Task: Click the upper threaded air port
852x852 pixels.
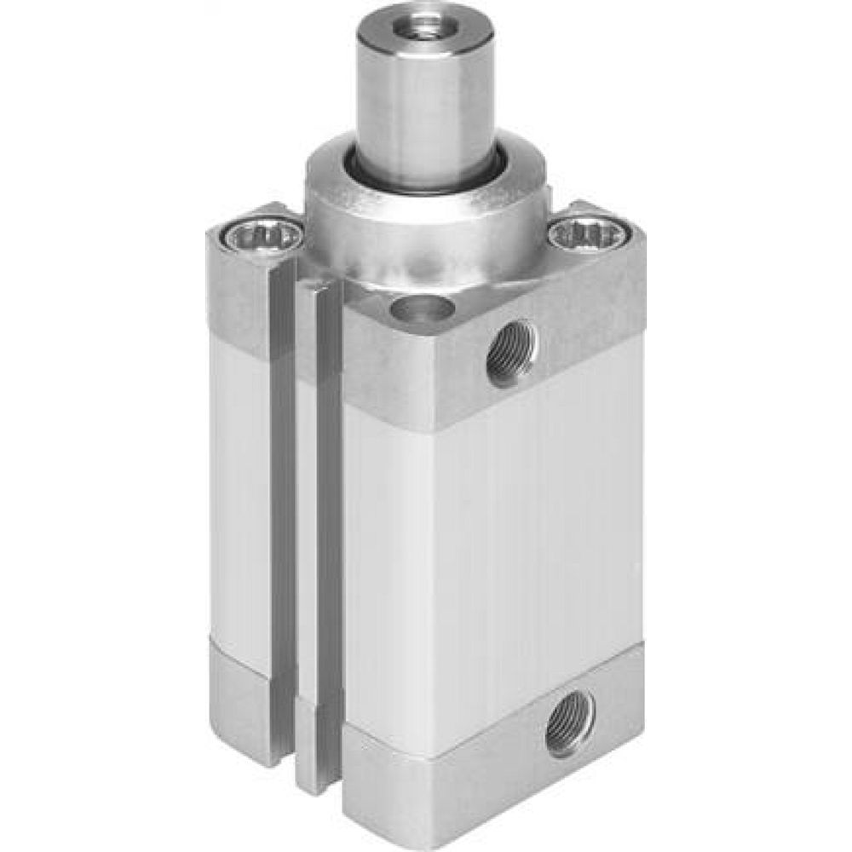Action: click(x=512, y=352)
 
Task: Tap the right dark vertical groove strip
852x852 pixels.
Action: click(x=329, y=511)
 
